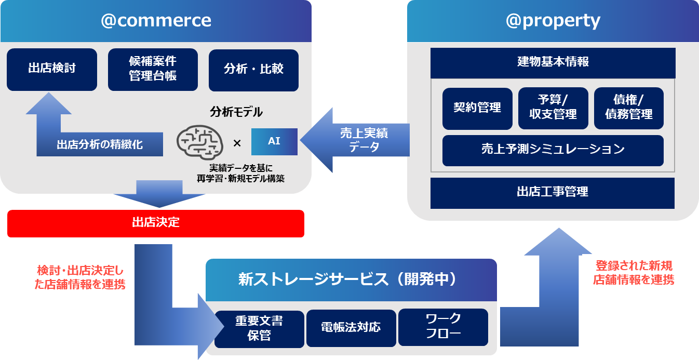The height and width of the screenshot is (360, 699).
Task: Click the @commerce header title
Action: tap(156, 20)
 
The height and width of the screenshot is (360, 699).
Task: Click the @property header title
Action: tap(553, 21)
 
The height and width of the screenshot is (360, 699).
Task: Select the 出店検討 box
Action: tap(52, 69)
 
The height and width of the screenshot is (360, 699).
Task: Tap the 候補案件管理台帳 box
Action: tap(153, 69)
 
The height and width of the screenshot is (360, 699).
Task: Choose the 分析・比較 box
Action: tap(253, 70)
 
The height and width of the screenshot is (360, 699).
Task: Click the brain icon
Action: tap(200, 141)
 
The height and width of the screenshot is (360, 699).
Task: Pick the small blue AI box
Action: tap(274, 141)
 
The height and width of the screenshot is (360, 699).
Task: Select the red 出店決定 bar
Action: tap(156, 223)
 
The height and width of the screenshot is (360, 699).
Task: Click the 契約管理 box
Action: tap(477, 108)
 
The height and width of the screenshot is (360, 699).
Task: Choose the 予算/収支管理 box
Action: tap(553, 108)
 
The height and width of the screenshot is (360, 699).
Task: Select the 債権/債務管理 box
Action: tap(628, 108)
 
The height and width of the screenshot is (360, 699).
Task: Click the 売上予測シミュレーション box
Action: tap(553, 150)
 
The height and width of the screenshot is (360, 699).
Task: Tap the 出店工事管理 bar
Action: tap(553, 193)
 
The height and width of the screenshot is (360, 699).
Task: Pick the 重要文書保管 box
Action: tap(259, 328)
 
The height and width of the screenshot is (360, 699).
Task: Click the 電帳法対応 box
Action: tap(351, 328)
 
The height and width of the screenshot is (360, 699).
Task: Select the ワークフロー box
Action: tap(443, 327)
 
